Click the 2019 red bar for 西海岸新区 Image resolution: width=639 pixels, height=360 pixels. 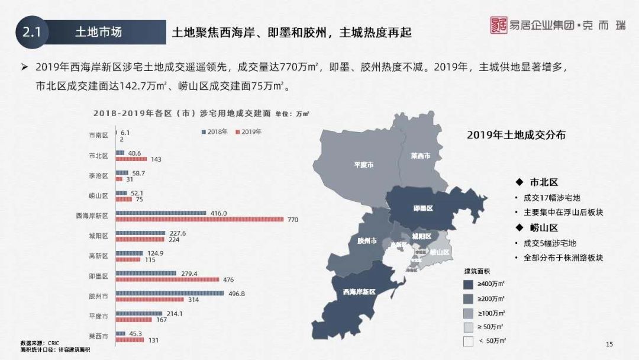[x=199, y=220]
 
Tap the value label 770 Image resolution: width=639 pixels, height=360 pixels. [x=293, y=220]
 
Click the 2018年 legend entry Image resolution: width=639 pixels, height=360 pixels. [x=216, y=131]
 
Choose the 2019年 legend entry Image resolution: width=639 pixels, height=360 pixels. [x=249, y=131]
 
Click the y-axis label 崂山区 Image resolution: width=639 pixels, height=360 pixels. [x=98, y=195]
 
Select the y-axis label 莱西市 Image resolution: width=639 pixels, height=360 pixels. [x=98, y=336]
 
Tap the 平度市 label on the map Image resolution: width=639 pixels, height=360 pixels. [x=363, y=165]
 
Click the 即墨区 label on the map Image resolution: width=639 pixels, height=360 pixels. [x=423, y=208]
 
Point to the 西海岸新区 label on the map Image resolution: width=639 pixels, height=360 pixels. [x=359, y=291]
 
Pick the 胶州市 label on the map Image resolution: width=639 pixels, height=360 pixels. [x=367, y=241]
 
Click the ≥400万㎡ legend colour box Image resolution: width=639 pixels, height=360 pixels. [x=469, y=284]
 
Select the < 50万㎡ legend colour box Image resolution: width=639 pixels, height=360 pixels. [x=469, y=341]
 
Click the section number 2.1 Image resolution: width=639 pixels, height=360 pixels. [x=31, y=32]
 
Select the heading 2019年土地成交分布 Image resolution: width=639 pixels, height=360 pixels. [x=516, y=135]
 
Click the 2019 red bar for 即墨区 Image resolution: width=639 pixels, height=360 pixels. [x=167, y=279]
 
